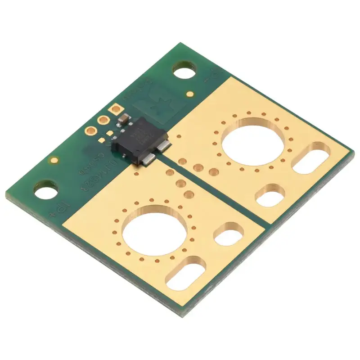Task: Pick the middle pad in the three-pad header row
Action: [x=103, y=120]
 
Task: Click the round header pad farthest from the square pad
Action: [x=91, y=131]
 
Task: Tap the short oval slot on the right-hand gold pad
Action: [x=270, y=195]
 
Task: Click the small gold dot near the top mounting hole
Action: [x=191, y=94]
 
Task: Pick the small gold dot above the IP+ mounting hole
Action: [x=54, y=159]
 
